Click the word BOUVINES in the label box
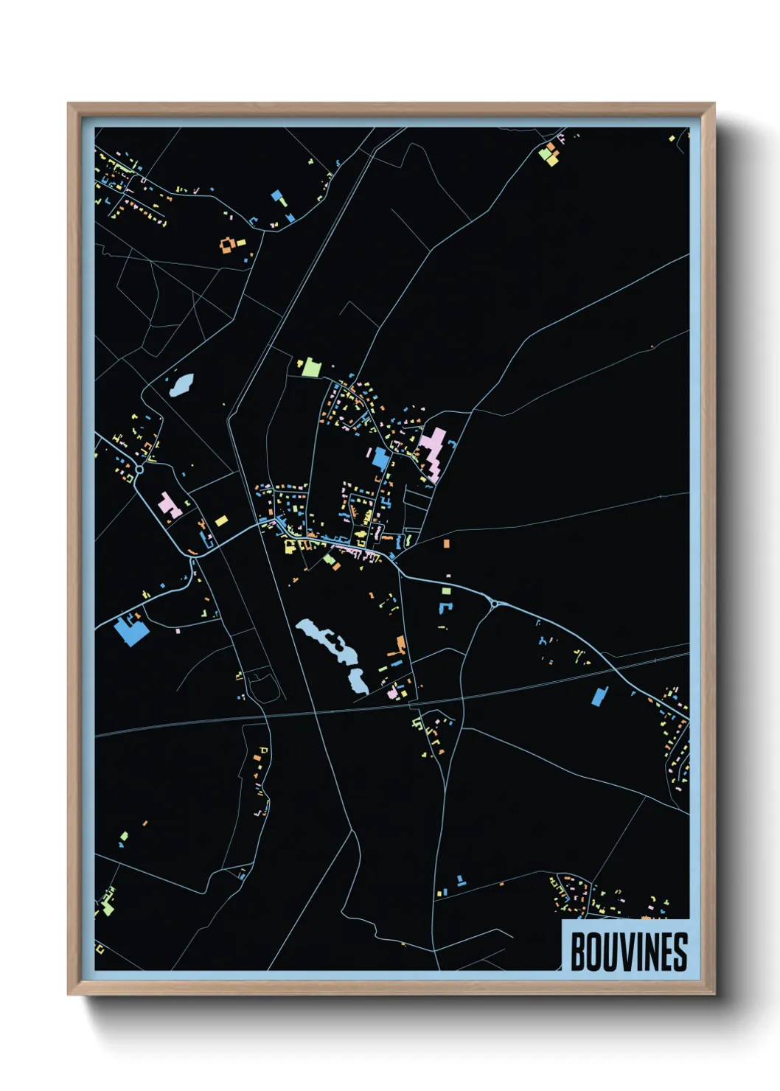point(628,952)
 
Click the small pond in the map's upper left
point(181,384)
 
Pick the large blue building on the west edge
point(130,631)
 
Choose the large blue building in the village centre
point(380,459)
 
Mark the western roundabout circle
point(139,470)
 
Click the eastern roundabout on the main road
point(495,604)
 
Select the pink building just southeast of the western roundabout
point(170,505)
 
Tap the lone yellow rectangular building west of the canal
point(221,521)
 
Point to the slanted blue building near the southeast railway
point(599,696)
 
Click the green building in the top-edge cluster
point(546,156)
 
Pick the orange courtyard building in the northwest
point(229,244)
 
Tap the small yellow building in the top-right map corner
point(672,139)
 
